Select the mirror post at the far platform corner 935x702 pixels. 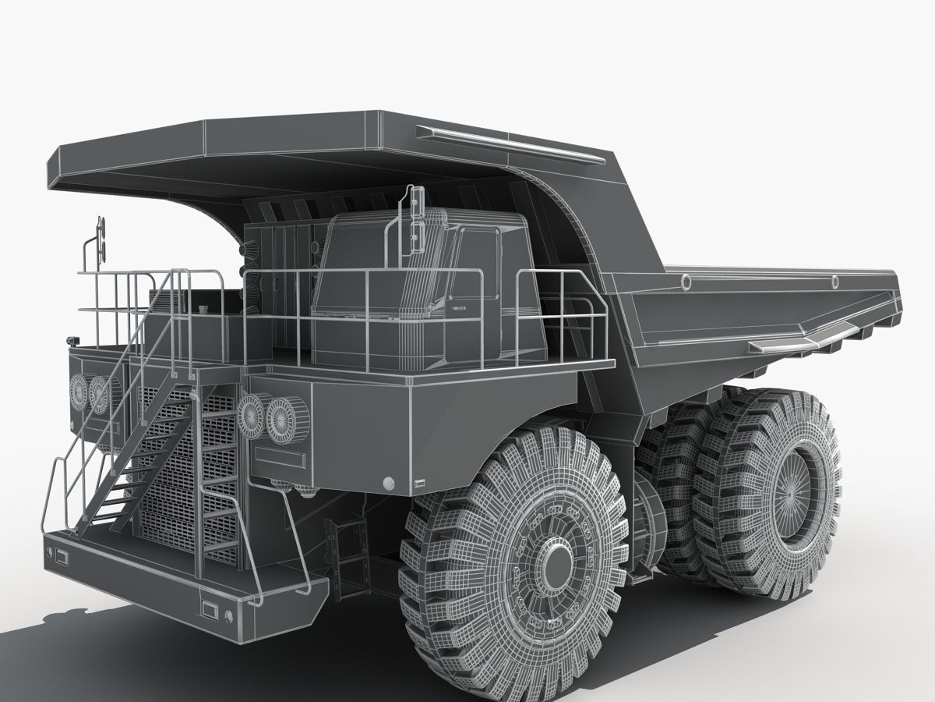[x=99, y=242]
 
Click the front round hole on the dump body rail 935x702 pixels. [x=686, y=282]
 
